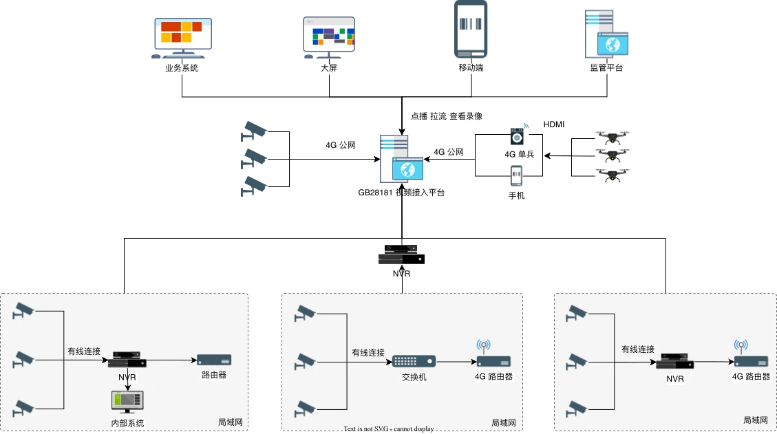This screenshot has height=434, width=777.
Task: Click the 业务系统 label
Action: (182, 68)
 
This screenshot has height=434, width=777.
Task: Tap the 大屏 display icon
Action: (329, 35)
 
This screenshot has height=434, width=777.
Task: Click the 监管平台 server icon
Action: (608, 34)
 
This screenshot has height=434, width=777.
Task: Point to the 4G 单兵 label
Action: (519, 155)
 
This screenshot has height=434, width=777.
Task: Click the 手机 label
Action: (517, 196)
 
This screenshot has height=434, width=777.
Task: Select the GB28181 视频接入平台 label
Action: (405, 193)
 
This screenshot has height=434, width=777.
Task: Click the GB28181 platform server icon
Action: (402, 158)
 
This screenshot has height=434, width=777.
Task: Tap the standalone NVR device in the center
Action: (401, 256)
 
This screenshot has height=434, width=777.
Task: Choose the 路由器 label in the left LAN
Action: (214, 375)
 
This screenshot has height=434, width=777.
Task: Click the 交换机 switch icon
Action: (414, 361)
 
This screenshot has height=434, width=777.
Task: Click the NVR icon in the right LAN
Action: (674, 361)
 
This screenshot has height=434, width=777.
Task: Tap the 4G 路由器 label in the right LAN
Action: (750, 377)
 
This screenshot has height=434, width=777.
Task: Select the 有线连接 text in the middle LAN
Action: (368, 353)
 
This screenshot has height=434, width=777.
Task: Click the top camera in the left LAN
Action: (23, 310)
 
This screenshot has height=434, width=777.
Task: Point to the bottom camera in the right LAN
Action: (575, 410)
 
